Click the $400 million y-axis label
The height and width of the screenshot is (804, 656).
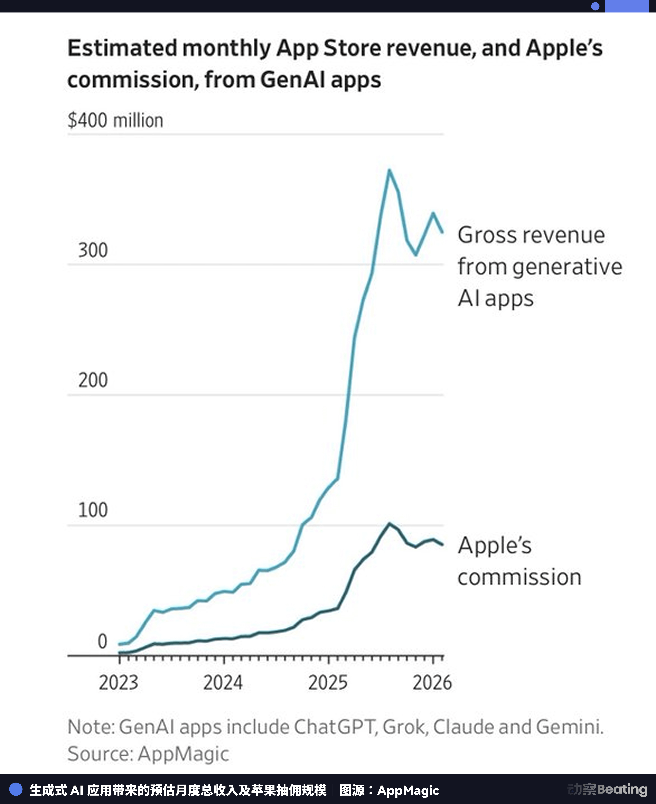(x=115, y=121)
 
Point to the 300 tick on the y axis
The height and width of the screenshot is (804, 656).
(x=93, y=250)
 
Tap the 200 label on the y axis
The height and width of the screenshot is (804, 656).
(x=93, y=380)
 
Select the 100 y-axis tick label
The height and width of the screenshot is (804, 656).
(x=93, y=510)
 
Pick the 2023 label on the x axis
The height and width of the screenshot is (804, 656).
(x=119, y=683)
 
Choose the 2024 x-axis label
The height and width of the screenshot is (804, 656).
(x=223, y=683)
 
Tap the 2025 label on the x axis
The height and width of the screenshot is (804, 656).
(x=328, y=683)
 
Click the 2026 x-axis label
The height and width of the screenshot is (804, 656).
(x=432, y=683)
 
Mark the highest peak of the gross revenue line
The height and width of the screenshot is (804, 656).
(x=389, y=170)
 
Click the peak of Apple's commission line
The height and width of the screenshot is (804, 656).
(x=389, y=524)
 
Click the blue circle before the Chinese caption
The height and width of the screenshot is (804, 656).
(x=16, y=789)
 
